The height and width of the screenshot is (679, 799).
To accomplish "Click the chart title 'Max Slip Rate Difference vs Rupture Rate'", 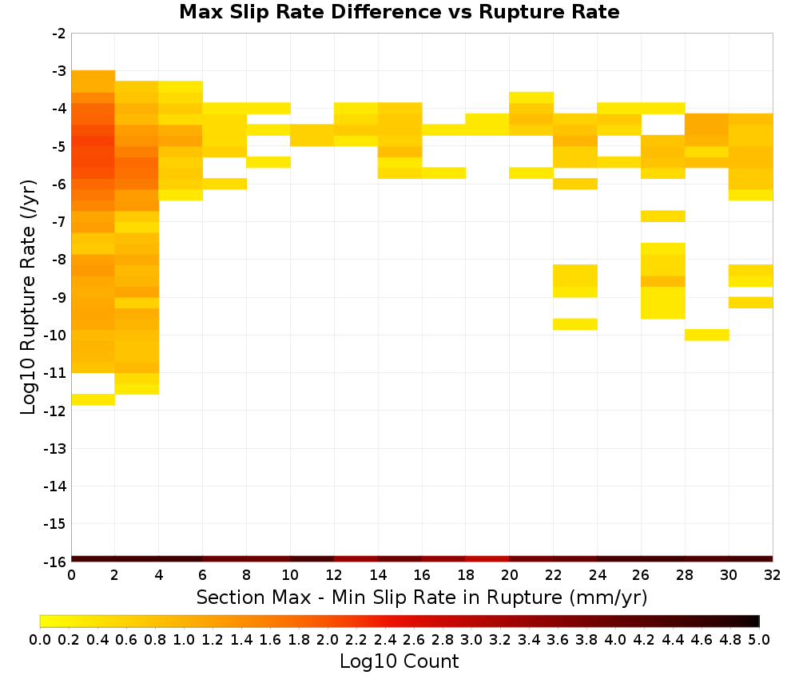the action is (x=399, y=12).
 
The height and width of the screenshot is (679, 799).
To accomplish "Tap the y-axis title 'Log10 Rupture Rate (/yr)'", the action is (x=28, y=297).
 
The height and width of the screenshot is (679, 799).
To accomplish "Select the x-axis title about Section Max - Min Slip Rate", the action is (x=421, y=598).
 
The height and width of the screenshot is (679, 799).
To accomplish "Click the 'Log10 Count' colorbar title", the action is (x=399, y=661).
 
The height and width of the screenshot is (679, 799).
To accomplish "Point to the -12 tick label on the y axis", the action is (x=55, y=411).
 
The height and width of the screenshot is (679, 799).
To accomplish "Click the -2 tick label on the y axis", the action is (x=58, y=34).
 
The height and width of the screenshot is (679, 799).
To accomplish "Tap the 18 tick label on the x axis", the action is (x=466, y=575).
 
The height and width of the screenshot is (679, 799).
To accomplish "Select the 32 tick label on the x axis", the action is (x=773, y=575).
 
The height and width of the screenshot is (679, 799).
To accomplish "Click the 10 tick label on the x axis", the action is (x=290, y=575).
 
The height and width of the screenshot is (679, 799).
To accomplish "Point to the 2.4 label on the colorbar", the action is (x=385, y=639).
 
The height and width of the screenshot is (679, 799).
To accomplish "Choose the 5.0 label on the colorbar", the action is (x=759, y=639).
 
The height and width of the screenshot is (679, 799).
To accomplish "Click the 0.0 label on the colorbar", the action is (x=40, y=639).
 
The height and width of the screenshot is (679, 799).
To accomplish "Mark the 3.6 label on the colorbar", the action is (x=558, y=639).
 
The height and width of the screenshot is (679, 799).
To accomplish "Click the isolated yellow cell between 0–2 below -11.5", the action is (x=93, y=399).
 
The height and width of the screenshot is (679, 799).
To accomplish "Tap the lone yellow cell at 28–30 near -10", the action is (x=707, y=335).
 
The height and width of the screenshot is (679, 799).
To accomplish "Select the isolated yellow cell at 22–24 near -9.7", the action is (x=575, y=324).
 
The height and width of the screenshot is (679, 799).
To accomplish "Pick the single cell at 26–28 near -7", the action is (x=663, y=216).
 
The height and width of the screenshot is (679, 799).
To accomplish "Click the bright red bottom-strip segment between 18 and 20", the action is (x=487, y=559).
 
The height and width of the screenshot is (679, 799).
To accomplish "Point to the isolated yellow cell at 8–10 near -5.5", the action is (x=268, y=162).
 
